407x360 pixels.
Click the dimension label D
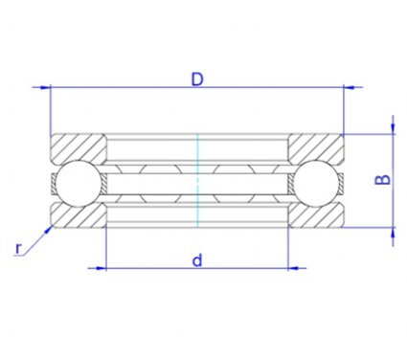pyautogui.click(x=197, y=79)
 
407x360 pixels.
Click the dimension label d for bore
pyautogui.click(x=197, y=260)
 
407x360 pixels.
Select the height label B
pyautogui.click(x=382, y=180)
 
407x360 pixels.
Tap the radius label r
pyautogui.click(x=19, y=248)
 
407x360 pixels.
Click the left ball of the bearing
pyautogui.click(x=78, y=183)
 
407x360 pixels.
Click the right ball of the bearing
pyautogui.click(x=317, y=183)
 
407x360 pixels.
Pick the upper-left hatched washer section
pyautogui.click(x=79, y=149)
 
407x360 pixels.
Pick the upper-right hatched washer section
pyautogui.click(x=316, y=149)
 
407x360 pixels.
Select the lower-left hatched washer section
pyautogui.click(x=79, y=215)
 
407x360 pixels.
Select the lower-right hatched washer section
pyautogui.click(x=316, y=215)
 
